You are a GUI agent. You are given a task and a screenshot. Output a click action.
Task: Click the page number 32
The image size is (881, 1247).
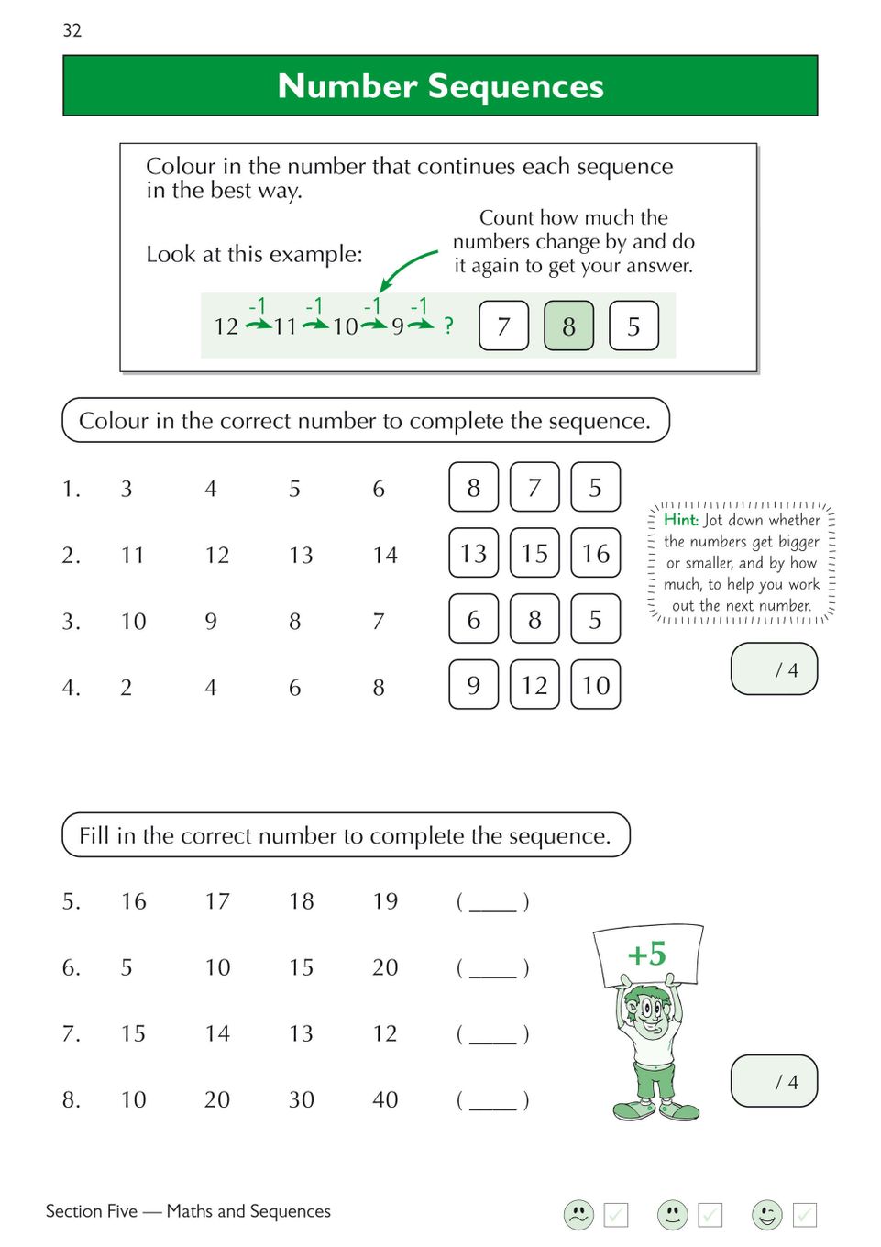pyautogui.click(x=72, y=30)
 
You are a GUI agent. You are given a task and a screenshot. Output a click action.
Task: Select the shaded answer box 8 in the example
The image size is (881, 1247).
pyautogui.click(x=568, y=326)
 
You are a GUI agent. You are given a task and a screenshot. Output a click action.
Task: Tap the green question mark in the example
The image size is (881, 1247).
pyautogui.click(x=448, y=326)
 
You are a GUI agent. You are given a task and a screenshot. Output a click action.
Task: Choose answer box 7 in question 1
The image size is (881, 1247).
pyautogui.click(x=534, y=487)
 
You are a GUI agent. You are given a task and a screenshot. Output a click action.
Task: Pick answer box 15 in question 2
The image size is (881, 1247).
pyautogui.click(x=534, y=553)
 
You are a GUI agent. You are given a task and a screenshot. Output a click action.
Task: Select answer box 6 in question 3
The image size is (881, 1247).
pyautogui.click(x=473, y=620)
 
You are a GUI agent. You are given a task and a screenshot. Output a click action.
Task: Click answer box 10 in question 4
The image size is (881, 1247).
pyautogui.click(x=596, y=685)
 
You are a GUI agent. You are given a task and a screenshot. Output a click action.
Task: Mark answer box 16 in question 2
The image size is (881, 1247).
pyautogui.click(x=596, y=553)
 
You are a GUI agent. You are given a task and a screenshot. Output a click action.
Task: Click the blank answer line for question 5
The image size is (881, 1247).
pyautogui.click(x=493, y=903)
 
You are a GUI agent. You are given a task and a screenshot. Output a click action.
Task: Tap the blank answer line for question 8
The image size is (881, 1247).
pyautogui.click(x=493, y=1101)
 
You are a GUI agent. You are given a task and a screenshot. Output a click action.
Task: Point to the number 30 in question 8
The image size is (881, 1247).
pyautogui.click(x=302, y=1099)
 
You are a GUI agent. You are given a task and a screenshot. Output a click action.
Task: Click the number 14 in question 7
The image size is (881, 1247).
pyautogui.click(x=217, y=1033)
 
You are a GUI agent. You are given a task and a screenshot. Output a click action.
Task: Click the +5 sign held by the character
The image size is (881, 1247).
pyautogui.click(x=647, y=955)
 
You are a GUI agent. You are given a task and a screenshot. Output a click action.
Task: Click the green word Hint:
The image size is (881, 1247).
pyautogui.click(x=681, y=520)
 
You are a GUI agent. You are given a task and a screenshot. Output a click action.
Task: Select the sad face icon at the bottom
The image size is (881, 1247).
pyautogui.click(x=578, y=1215)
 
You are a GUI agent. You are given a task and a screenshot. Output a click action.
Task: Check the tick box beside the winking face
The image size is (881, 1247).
pyautogui.click(x=804, y=1215)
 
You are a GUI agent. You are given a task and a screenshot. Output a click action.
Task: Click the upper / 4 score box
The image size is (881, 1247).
pyautogui.click(x=774, y=669)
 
